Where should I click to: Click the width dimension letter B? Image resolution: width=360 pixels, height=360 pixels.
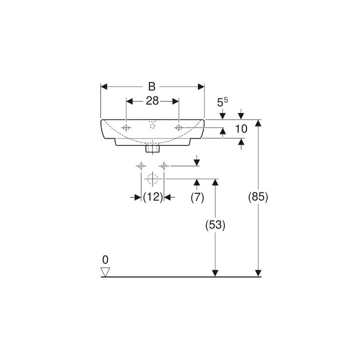pos(152,86)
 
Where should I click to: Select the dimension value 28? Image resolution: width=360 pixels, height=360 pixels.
pos(152,101)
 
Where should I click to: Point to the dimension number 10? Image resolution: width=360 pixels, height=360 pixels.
pos(241,129)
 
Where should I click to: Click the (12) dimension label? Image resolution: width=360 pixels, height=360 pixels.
pos(153,197)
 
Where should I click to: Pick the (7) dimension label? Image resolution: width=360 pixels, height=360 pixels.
pos(197,197)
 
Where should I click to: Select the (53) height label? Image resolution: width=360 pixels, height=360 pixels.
pos(215,225)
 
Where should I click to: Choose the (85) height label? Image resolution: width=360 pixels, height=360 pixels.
pos(258,197)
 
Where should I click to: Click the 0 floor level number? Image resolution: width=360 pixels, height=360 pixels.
pos(105,259)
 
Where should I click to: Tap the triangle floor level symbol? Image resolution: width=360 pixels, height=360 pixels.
pos(105,271)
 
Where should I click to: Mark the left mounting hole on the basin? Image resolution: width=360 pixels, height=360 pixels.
pos(126,128)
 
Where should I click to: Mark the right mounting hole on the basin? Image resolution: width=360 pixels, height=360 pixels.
pos(178,128)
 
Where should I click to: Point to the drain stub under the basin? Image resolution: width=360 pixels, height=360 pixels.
pos(152,148)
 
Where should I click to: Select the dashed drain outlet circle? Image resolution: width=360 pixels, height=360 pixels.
pos(152,178)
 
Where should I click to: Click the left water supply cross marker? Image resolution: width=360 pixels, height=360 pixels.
pos(141,165)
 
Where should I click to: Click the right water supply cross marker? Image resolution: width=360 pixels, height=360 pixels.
pos(163,165)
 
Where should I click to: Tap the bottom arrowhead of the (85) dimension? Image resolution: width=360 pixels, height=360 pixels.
pos(258,272)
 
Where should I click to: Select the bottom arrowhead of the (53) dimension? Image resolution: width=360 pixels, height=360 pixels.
pos(215,272)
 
